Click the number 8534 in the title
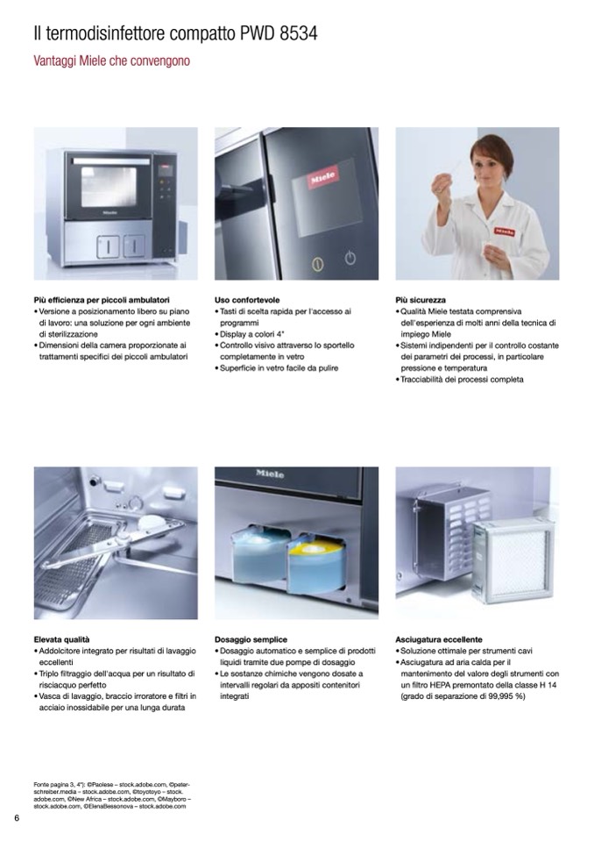point(299,34)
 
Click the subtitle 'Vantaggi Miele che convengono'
point(111,61)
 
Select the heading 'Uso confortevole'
point(247,300)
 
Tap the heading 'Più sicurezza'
point(421,300)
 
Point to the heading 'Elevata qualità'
point(61,639)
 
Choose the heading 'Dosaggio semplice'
point(251,639)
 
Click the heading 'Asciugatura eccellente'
point(439,639)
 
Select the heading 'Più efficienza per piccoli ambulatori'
point(102,300)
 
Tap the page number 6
point(17,818)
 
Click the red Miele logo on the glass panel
point(324,177)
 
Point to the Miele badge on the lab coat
point(504,232)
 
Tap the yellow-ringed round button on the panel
point(318,264)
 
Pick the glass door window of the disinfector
point(109,187)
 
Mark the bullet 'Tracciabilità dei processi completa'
point(460,379)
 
